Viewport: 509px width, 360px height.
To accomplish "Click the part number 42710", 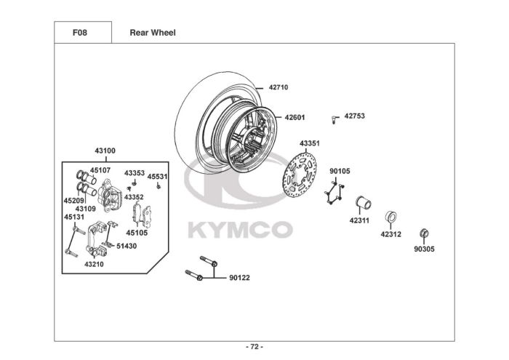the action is click(x=278, y=87).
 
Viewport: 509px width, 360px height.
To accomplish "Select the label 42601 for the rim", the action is click(x=294, y=117).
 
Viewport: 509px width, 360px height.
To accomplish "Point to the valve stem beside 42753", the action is click(x=334, y=120).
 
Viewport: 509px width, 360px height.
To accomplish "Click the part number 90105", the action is click(x=340, y=171).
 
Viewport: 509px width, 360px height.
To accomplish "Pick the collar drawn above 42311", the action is click(x=364, y=203).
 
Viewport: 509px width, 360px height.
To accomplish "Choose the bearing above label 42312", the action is click(x=391, y=217).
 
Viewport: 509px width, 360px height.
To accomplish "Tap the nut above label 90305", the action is click(x=424, y=233).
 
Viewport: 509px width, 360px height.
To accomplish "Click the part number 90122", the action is click(x=239, y=278).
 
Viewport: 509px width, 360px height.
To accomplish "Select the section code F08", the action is click(x=80, y=33).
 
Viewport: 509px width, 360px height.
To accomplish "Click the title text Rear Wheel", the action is click(x=153, y=33).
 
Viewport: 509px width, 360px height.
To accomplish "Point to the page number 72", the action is click(x=254, y=347).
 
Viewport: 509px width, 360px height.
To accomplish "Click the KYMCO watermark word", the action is click(x=241, y=230).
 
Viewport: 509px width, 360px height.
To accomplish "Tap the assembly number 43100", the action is click(x=105, y=151).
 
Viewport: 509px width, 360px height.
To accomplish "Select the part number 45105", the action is click(x=137, y=233).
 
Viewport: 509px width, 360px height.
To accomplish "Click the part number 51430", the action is click(x=127, y=246).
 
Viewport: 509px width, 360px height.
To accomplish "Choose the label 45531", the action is click(x=158, y=177).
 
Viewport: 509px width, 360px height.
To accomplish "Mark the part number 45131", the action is click(x=74, y=217).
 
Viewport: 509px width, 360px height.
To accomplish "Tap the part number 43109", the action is click(x=85, y=209).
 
